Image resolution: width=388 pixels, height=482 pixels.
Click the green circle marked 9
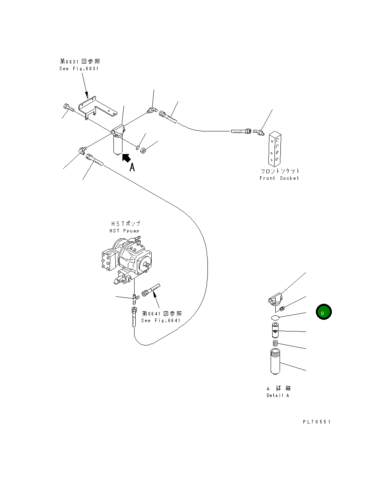click(323, 312)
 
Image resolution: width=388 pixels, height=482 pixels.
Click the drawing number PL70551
click(316, 422)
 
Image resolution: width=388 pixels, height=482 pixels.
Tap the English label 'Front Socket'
click(279, 178)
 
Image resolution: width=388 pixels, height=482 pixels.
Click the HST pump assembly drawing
click(125, 260)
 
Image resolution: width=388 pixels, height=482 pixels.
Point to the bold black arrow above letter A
click(126, 158)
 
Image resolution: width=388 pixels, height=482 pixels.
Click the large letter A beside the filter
click(132, 168)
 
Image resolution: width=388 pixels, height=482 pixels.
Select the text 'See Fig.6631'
click(79, 69)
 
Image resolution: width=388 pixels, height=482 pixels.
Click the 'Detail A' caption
click(278, 395)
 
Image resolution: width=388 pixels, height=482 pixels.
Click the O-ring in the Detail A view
click(275, 318)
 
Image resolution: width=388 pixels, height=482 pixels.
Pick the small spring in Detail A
click(275, 343)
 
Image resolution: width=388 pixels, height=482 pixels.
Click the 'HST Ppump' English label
click(124, 231)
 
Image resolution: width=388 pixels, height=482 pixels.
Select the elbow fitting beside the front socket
click(259, 133)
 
